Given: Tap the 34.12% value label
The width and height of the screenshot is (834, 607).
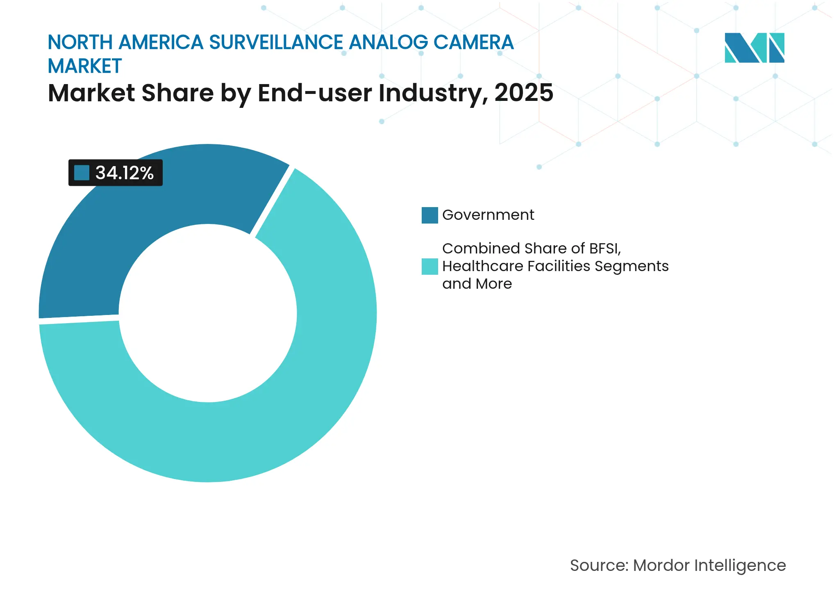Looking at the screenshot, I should pos(124,173).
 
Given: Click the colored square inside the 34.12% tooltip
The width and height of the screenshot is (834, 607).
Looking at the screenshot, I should pos(82,173).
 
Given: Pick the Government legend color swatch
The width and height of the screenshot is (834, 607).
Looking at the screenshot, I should pos(429,215).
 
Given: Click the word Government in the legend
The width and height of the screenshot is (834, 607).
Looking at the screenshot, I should pos(488,215).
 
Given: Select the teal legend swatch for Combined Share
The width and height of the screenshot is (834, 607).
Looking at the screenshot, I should pos(429,266).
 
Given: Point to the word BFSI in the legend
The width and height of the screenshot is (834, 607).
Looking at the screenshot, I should pos(604,249).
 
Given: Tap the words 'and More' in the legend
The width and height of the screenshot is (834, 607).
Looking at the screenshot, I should pos(477,284).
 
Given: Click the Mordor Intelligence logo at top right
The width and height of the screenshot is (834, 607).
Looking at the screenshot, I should pos(754,48).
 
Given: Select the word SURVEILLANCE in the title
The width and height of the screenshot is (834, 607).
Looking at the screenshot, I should pos(276,42).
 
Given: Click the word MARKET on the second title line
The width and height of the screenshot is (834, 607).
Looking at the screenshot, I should pos(85,66).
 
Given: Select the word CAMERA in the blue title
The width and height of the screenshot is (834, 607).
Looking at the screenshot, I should pos(473,42).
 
